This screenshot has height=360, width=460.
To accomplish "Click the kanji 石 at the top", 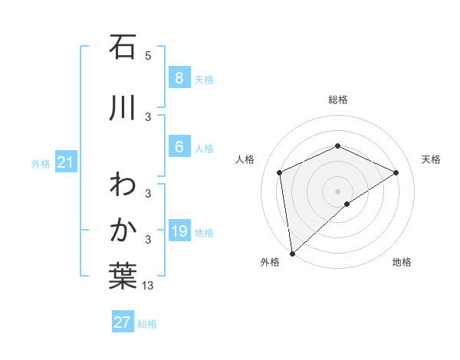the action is pos(123,47).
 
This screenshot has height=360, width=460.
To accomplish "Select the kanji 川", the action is pos(123,107).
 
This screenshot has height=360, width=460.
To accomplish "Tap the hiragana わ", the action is pos(123,185).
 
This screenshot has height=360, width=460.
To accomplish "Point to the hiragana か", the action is pos(123,230).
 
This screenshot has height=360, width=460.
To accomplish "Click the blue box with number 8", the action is pos(179,77).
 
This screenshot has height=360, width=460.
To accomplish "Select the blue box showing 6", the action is pos(179,147).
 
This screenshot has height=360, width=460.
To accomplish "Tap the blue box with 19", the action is pos(179,231).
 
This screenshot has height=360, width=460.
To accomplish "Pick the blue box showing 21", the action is pos(65,162).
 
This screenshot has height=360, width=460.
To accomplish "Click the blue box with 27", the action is pos(123,322).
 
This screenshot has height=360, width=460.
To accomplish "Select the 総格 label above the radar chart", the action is pos(338,100).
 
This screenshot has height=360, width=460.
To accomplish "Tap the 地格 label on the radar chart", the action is pos(402,262).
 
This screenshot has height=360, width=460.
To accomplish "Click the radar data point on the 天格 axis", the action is pos(396,172).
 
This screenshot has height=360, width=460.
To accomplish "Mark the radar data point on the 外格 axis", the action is pos(291,254).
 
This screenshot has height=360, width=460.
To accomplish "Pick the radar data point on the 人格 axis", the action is pos(280,172).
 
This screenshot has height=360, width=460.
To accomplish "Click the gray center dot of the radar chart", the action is pos(338,191).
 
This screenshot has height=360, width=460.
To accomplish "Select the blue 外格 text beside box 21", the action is pos(40,163).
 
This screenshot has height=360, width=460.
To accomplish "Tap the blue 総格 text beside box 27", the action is pos(147,324).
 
